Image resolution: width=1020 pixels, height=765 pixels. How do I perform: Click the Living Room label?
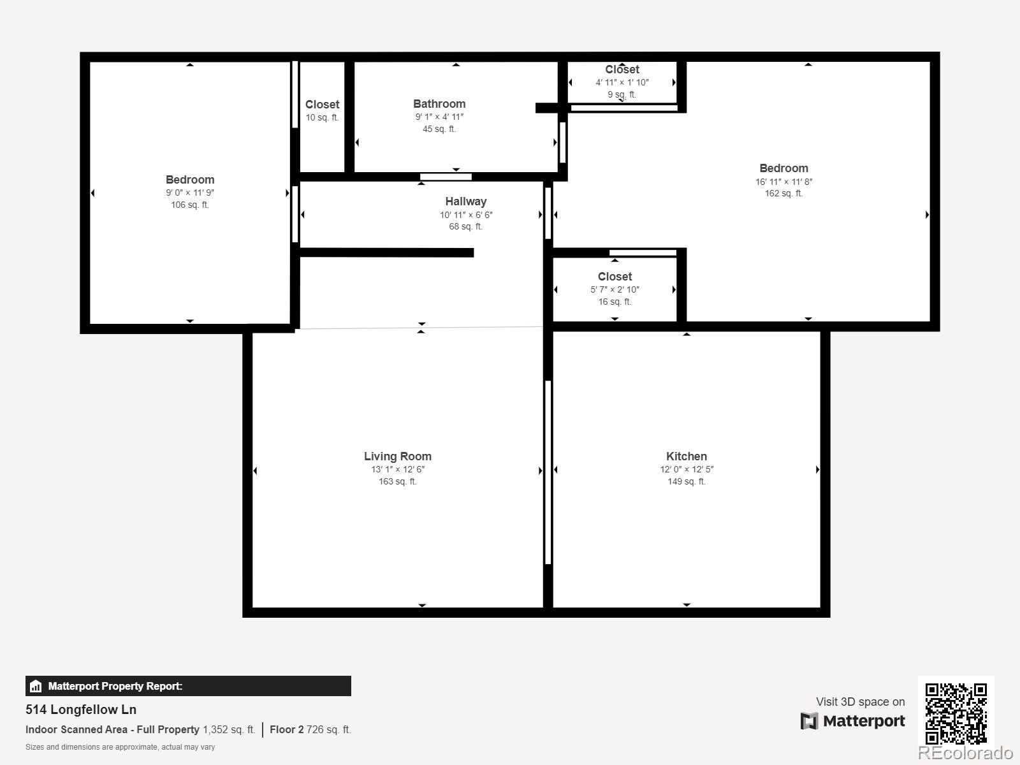tap(397, 456)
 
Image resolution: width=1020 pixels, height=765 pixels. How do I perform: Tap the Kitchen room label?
tap(686, 456)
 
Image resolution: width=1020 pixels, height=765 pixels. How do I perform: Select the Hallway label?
tap(465, 201)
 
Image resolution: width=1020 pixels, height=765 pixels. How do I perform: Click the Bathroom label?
tap(439, 104)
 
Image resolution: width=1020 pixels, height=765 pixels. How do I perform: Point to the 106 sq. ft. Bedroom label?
tap(190, 180)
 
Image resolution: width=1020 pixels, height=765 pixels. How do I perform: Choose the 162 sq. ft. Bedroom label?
tap(783, 168)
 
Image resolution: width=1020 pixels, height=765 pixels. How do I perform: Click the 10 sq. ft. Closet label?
tap(322, 105)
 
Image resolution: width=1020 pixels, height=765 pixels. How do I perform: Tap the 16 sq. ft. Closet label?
tap(615, 277)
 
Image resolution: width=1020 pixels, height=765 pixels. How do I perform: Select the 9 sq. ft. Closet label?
tap(622, 69)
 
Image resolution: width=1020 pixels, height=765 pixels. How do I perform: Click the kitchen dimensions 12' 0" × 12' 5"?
tap(687, 470)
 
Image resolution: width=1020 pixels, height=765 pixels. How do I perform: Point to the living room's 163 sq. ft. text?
tap(397, 482)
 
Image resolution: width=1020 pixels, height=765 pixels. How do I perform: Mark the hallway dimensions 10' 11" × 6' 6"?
tap(466, 215)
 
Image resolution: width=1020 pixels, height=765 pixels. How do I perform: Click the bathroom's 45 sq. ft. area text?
tap(439, 129)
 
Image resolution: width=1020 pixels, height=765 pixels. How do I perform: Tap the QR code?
tap(956, 713)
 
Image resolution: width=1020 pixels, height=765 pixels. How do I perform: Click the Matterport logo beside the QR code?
tap(853, 721)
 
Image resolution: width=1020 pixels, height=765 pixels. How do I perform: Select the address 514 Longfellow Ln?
tap(81, 710)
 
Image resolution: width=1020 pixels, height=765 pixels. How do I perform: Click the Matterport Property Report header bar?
tap(188, 686)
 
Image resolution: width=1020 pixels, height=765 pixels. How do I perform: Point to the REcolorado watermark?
tap(965, 753)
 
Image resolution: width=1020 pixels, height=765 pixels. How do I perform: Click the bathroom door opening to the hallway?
tap(446, 177)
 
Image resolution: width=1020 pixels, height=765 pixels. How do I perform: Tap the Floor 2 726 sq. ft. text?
tap(310, 729)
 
